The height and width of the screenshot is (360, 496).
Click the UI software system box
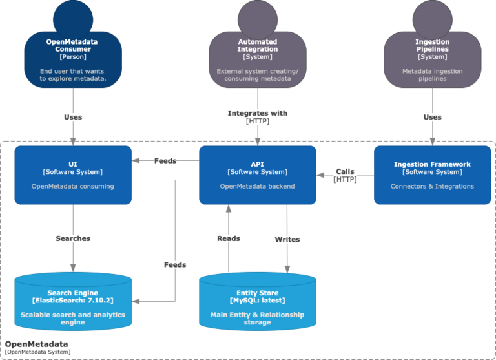[x=73, y=175]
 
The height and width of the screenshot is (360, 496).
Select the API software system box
[x=257, y=175]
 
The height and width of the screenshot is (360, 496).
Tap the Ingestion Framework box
[x=432, y=175]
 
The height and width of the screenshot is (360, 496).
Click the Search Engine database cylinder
[x=73, y=304]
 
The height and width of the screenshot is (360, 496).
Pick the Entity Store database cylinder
[x=257, y=304]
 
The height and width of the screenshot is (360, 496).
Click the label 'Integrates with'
[x=257, y=113]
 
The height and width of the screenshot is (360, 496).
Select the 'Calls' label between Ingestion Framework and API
[x=345, y=171]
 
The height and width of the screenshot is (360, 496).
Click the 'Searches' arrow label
[x=73, y=238]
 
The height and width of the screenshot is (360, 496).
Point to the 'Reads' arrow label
[x=228, y=238]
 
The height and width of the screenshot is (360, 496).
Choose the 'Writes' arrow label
[x=287, y=239]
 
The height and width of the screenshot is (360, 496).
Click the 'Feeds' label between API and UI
[x=165, y=160]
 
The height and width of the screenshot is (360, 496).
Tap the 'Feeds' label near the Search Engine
[x=174, y=264]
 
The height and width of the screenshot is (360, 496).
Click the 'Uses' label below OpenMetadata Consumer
[x=73, y=117]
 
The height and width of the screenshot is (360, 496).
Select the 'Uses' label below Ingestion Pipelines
[x=432, y=117]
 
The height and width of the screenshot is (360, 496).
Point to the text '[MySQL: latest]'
[x=257, y=301]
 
